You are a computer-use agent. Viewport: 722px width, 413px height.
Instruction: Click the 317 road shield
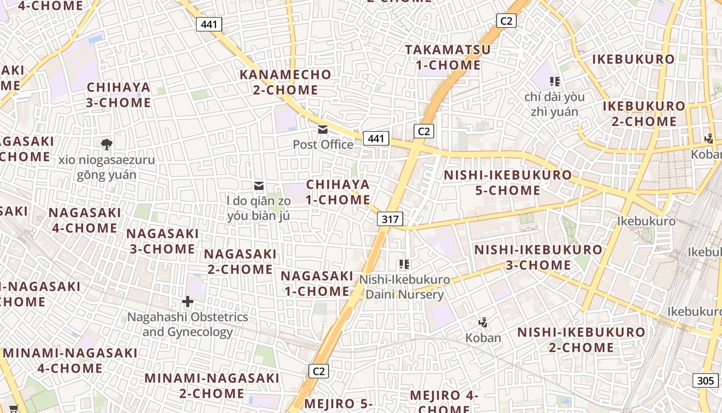(x=390, y=219)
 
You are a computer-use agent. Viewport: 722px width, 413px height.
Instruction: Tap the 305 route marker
(x=705, y=381)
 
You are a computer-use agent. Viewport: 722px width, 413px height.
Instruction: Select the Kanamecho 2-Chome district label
(x=285, y=82)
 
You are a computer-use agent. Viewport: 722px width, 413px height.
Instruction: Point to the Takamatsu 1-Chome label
(x=448, y=57)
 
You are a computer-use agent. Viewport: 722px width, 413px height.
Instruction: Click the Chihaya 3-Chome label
(x=119, y=95)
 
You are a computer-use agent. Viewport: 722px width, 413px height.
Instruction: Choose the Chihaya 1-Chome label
(x=338, y=192)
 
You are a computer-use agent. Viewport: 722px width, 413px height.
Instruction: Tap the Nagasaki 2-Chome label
(x=240, y=261)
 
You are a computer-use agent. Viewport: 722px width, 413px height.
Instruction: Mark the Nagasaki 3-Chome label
(x=162, y=241)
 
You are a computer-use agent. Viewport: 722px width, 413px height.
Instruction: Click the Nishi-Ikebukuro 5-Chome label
(x=507, y=183)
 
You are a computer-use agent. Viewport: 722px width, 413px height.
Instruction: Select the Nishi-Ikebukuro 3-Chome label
(x=538, y=258)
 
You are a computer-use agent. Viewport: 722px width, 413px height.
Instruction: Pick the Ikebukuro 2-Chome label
(x=644, y=114)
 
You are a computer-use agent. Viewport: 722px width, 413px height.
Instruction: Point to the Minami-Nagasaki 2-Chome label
(x=211, y=386)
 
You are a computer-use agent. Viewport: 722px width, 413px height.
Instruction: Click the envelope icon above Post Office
(x=323, y=130)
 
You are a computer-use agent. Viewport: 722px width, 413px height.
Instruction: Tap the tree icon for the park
(x=107, y=144)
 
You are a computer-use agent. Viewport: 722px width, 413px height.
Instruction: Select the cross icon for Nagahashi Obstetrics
(x=188, y=301)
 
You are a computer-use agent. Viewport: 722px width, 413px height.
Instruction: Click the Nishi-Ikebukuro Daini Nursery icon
(x=404, y=264)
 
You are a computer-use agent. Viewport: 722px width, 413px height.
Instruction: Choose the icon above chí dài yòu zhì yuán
(x=555, y=81)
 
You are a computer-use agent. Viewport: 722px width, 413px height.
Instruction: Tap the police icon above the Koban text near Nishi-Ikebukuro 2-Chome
(x=483, y=323)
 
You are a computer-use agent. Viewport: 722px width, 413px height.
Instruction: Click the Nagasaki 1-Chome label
(x=317, y=283)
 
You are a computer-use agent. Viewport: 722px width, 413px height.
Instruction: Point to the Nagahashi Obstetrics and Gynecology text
(x=188, y=324)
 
